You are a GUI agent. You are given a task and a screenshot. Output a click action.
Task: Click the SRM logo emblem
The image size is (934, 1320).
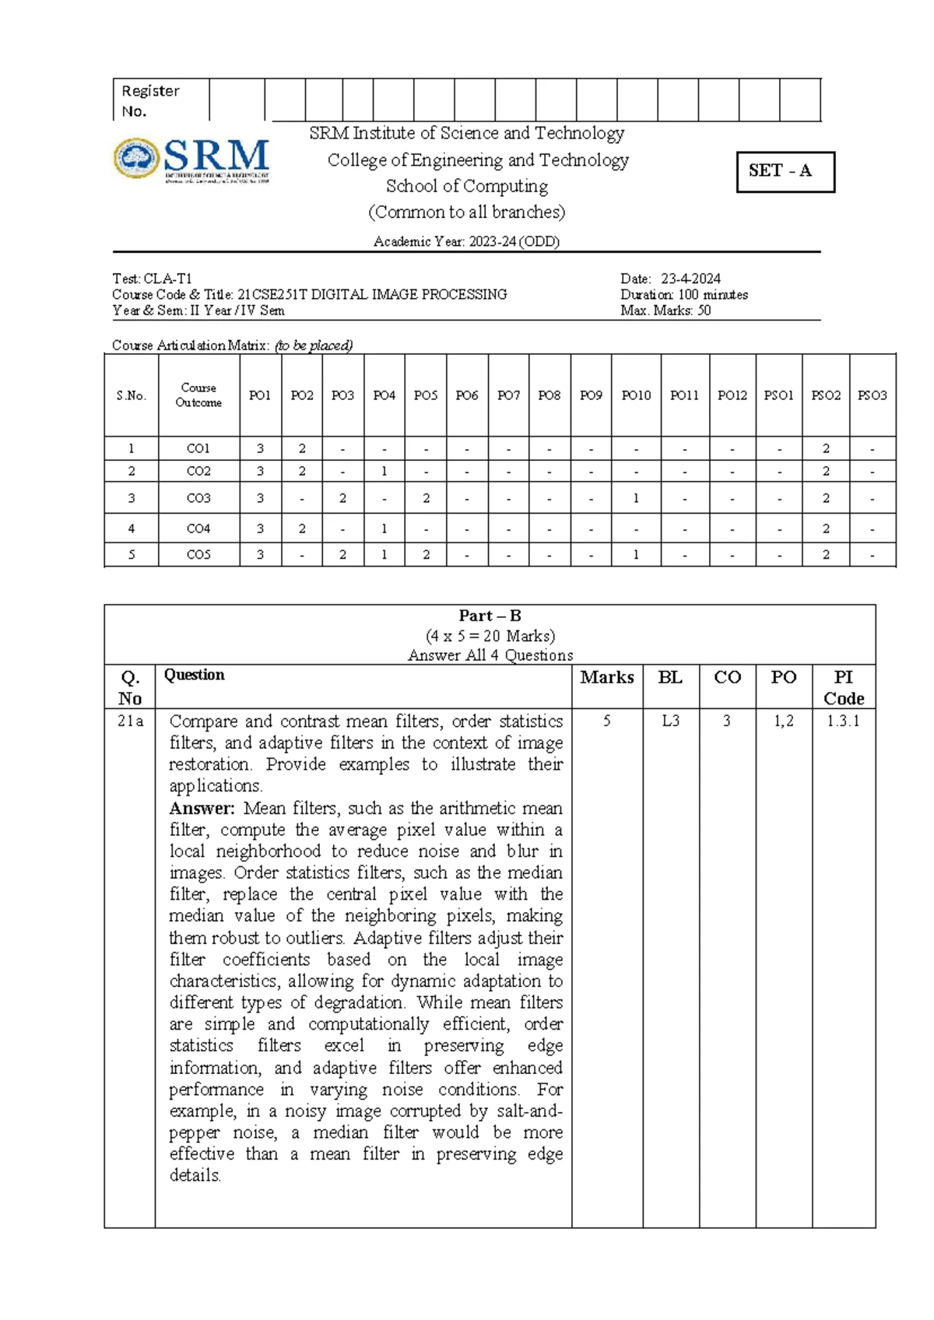138,159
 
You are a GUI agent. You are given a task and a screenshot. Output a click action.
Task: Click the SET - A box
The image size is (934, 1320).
785,171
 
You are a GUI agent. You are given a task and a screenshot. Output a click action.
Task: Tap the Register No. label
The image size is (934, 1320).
150,101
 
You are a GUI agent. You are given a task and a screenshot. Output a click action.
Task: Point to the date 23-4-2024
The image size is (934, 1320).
690,279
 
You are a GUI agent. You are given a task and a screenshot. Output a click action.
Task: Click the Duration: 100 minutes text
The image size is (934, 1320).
683,295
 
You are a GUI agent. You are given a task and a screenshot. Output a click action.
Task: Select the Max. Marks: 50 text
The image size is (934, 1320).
665,311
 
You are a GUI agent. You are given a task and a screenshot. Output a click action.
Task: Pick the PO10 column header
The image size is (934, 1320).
636,395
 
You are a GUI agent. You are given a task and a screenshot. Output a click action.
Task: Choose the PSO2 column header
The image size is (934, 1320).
826,395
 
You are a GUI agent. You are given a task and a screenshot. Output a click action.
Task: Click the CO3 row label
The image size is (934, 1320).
198,498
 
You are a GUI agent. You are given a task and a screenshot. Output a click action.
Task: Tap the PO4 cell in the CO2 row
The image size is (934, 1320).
384,472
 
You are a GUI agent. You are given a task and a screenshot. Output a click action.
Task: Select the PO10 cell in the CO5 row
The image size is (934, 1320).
636,555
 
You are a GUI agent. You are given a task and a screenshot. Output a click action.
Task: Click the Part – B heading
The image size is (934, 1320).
490,616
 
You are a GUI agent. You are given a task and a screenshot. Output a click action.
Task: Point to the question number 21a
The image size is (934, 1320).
130,721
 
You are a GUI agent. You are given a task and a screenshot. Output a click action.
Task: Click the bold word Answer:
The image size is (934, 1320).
202,809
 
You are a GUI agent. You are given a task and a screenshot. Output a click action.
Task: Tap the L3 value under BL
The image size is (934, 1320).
670,721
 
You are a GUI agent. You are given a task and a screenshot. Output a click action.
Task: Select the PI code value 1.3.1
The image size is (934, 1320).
843,721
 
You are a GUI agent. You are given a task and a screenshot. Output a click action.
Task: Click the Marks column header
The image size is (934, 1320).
606,678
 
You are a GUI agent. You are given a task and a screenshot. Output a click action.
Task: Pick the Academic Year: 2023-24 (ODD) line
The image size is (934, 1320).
466,242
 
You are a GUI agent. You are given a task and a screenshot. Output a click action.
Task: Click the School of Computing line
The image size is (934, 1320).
466,187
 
